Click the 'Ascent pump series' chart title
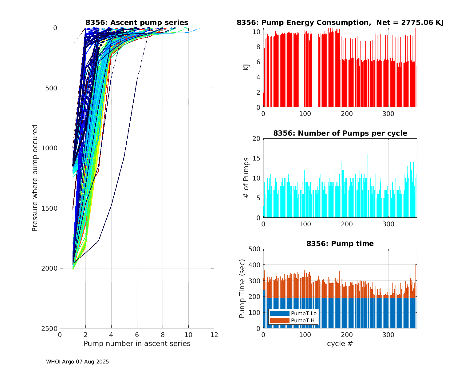click(137, 22)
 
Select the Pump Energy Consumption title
click(340, 22)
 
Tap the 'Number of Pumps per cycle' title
click(340, 133)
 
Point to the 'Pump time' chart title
click(340, 244)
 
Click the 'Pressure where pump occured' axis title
click(35, 178)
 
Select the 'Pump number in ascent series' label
click(137, 343)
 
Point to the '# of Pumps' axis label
click(246, 178)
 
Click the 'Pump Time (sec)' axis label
click(242, 289)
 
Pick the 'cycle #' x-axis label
click(340, 343)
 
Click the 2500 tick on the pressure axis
click(50, 328)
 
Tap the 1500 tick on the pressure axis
click(50, 208)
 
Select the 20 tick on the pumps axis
click(256, 139)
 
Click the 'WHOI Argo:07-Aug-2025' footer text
click(77, 362)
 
